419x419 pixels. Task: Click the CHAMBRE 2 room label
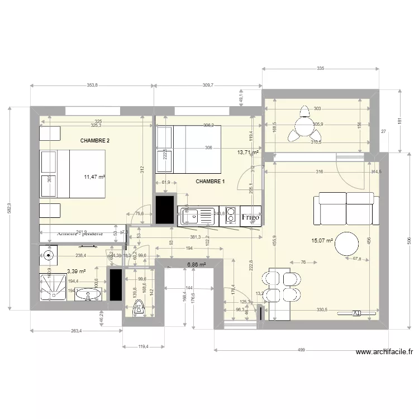tap(94, 141)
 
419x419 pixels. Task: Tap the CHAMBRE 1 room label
tap(210, 182)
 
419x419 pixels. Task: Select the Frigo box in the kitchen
tap(251, 217)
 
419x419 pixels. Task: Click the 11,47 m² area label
tap(94, 177)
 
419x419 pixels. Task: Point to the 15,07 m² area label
tap(322, 241)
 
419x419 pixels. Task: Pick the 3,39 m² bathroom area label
tap(76, 272)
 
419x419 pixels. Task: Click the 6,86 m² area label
tap(197, 265)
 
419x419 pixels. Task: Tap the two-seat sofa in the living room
tap(347, 208)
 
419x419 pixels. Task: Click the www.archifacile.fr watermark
tap(384, 352)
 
